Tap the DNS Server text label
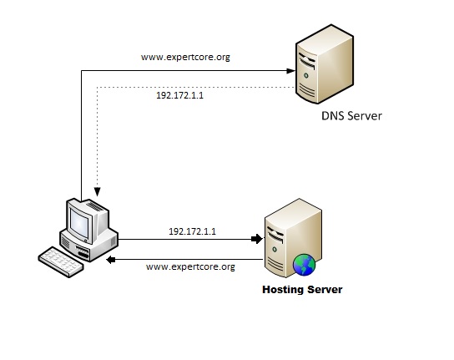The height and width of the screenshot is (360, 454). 351,116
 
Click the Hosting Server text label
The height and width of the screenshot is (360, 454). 301,290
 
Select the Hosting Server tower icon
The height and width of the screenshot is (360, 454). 289,241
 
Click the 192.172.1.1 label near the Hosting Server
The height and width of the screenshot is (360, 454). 192,230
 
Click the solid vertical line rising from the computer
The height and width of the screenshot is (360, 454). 81,134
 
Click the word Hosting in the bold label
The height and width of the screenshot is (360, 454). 281,290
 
